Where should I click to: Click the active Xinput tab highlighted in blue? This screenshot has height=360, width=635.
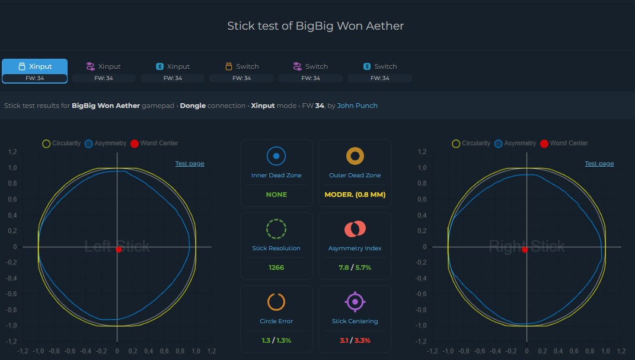(35, 71)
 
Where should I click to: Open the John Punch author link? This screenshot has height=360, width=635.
(357, 106)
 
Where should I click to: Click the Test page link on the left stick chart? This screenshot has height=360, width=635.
(190, 164)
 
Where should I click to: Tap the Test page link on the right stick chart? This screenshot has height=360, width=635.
(599, 164)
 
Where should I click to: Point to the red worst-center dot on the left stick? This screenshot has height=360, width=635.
(119, 250)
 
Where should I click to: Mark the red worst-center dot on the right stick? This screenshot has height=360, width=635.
(525, 250)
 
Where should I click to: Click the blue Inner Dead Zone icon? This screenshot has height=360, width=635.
(276, 156)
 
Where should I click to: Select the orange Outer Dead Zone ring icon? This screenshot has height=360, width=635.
(355, 156)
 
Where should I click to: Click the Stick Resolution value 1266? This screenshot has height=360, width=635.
(276, 267)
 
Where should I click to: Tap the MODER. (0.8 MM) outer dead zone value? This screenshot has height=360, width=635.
(355, 195)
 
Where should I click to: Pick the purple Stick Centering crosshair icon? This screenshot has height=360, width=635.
(355, 302)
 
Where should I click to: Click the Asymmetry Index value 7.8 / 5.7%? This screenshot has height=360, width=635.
(355, 267)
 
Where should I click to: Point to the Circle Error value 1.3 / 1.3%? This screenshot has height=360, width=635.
(276, 340)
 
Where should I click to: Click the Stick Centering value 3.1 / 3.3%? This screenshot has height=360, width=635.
(355, 340)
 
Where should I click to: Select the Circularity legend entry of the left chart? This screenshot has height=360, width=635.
(62, 144)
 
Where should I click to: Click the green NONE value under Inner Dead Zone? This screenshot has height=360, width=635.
(276, 195)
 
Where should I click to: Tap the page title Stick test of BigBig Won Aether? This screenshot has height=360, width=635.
(315, 26)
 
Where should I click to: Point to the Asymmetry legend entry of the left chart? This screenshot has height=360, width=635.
(106, 144)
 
